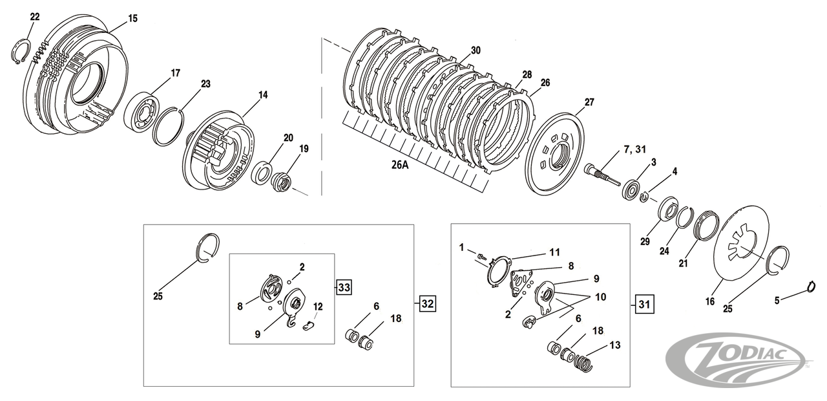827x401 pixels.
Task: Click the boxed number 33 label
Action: click(344, 287)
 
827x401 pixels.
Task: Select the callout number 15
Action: click(132, 19)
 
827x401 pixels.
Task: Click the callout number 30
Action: click(476, 50)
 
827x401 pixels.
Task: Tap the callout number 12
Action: click(317, 306)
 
